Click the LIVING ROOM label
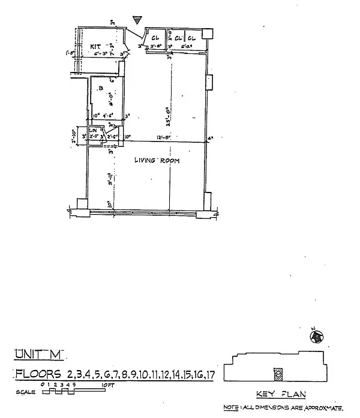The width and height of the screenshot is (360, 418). (x=156, y=161)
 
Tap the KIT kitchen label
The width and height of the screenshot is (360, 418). (x=95, y=46)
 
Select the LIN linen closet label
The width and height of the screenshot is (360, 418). (x=93, y=130)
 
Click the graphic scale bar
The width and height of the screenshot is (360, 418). (x=58, y=392)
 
